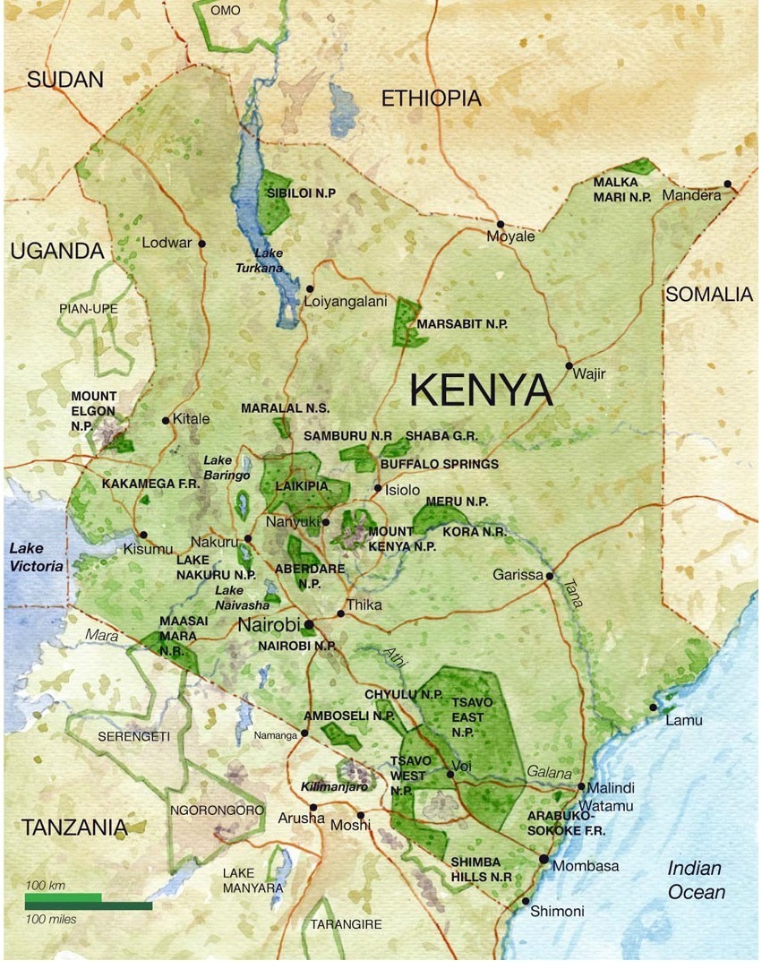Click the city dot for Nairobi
pyautogui.click(x=309, y=623)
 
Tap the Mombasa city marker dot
pyautogui.click(x=544, y=859)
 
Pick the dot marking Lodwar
pyautogui.click(x=202, y=244)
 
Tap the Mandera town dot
pyautogui.click(x=728, y=184)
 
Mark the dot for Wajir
pyautogui.click(x=569, y=365)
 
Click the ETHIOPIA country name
pyautogui.click(x=431, y=99)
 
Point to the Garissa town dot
pyautogui.click(x=550, y=576)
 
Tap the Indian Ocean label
pyautogui.click(x=696, y=880)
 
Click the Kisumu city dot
pyautogui.click(x=143, y=535)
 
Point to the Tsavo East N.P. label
pyautogui.click(x=467, y=717)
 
